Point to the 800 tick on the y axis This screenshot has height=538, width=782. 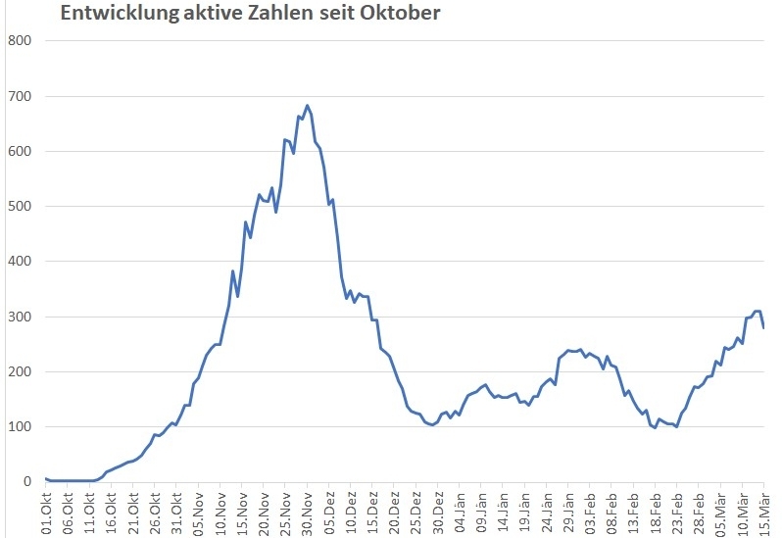tap(21, 41)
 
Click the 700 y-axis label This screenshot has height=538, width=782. tap(21, 96)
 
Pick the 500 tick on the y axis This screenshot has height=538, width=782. tap(21, 207)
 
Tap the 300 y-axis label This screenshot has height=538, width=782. tap(21, 317)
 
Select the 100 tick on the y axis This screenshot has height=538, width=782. tap(21, 427)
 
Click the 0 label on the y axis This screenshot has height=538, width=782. tap(27, 482)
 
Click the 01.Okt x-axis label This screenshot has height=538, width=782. tap(46, 511)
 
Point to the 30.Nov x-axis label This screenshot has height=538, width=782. tap(308, 511)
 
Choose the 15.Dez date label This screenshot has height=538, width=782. tap(373, 511)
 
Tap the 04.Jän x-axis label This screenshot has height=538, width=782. tap(461, 511)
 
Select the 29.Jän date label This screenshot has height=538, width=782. tap(569, 511)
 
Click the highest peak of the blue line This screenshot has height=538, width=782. tap(308, 106)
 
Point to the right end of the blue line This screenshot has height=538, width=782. tap(764, 327)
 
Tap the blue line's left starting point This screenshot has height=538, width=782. tap(46, 478)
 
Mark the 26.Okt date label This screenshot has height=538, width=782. tap(155, 511)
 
